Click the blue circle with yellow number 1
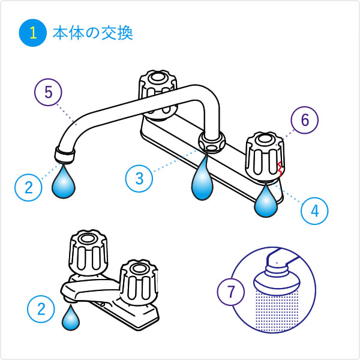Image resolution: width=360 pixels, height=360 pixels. point(33,33)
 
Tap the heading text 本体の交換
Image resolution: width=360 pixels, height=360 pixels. point(93,33)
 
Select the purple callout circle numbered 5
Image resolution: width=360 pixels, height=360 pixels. point(48,92)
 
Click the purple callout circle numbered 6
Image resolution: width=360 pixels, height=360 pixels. point(305,120)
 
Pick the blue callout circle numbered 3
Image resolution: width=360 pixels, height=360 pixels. point(139,178)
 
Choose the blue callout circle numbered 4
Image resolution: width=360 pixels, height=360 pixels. point(314,211)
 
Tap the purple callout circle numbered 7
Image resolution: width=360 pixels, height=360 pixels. point(231,292)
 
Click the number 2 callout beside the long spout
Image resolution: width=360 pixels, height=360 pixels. point(28,188)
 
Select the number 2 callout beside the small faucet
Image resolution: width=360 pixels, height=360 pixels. point(41,309)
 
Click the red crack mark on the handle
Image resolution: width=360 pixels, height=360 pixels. point(280,169)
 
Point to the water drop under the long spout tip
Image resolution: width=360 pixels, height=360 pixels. point(64,182)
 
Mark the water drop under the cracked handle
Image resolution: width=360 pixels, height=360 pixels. point(266,202)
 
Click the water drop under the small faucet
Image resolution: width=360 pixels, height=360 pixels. point(71,318)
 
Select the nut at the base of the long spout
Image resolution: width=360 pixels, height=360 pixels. point(212,142)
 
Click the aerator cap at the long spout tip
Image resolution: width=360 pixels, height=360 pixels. point(65,155)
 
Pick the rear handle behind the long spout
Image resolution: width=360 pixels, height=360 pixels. point(158,95)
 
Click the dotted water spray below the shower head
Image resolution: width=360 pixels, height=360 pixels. point(277,311)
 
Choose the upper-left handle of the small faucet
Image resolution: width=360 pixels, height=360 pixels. point(88,253)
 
